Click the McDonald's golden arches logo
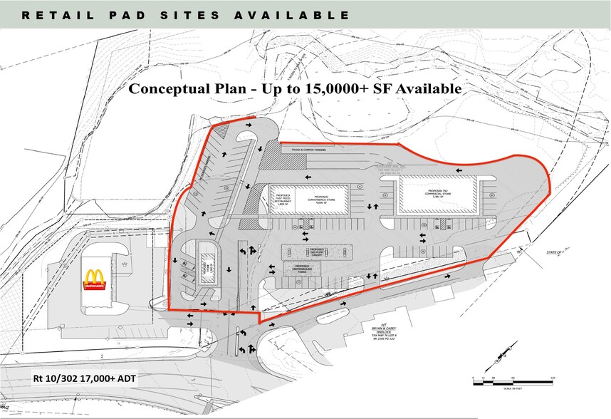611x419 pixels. coord(95,279)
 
